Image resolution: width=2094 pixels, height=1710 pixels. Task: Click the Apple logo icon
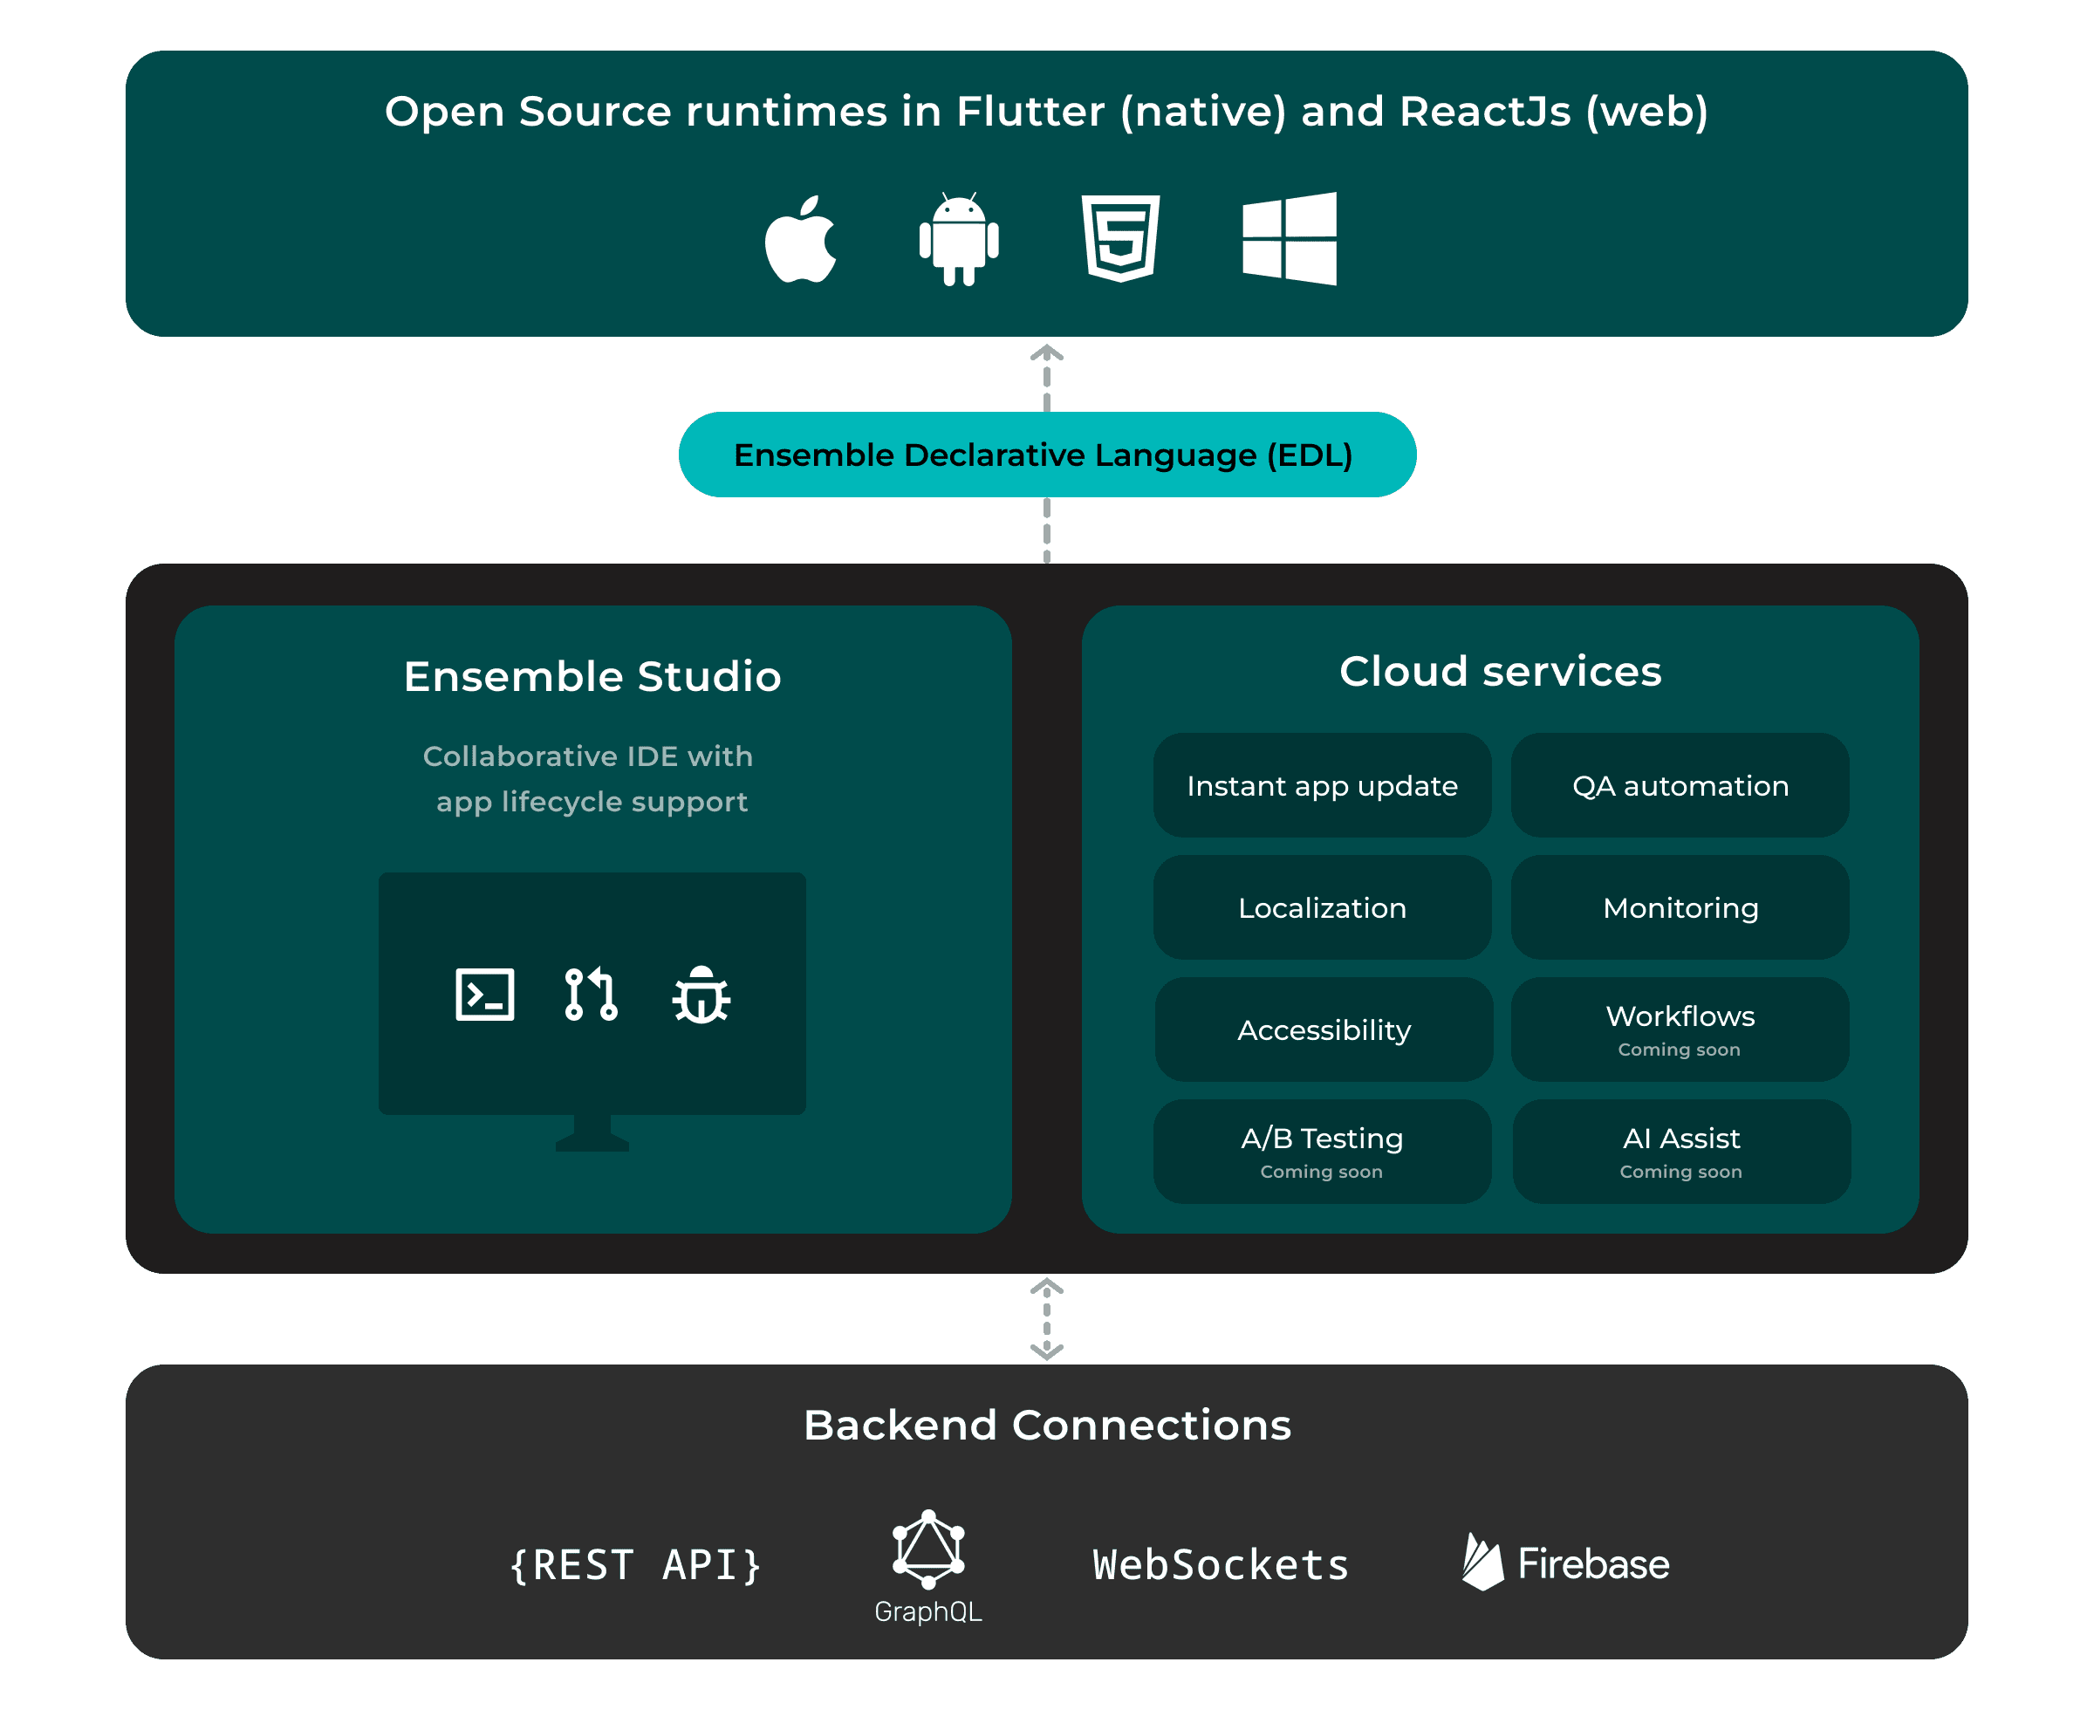point(800,239)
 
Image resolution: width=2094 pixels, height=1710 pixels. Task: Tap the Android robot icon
point(958,239)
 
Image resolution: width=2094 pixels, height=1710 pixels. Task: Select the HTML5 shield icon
point(1120,238)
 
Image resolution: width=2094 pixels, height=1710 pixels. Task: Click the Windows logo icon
point(1290,238)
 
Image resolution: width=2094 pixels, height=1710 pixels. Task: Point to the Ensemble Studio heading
point(592,677)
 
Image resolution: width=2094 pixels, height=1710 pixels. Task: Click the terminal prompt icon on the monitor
point(484,994)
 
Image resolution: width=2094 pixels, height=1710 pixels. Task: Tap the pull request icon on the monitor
point(591,994)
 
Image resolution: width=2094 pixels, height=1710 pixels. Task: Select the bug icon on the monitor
point(701,995)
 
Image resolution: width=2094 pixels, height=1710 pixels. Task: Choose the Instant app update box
point(1322,785)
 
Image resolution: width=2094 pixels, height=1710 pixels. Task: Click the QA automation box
point(1680,785)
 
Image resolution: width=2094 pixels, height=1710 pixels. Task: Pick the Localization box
point(1322,907)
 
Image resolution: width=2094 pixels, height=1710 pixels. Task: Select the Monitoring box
point(1680,907)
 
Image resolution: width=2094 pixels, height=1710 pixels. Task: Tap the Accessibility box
point(1323,1029)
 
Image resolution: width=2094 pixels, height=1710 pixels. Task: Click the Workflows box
point(1680,1029)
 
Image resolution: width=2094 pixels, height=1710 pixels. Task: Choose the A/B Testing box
point(1322,1152)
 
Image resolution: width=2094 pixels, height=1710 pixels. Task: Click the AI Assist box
point(1680,1152)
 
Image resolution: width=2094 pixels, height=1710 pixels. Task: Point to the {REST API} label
point(635,1565)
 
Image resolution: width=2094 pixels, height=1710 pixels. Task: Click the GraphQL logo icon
point(927,1549)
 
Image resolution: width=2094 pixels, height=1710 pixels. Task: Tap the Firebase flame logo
point(1482,1563)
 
